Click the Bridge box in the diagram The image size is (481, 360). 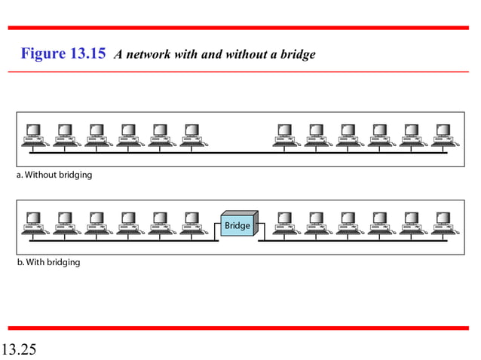(x=237, y=225)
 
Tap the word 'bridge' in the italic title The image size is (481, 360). (x=297, y=55)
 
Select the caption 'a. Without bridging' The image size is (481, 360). (x=54, y=175)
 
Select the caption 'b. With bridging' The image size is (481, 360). (x=48, y=262)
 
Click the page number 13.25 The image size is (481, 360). (x=20, y=349)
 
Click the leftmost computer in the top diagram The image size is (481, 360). (x=33, y=136)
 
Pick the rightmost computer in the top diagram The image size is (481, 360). (x=440, y=136)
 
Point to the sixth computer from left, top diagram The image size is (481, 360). (x=191, y=136)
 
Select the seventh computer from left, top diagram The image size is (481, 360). (x=284, y=136)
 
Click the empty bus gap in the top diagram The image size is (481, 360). (x=237, y=152)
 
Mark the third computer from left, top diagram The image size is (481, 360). (x=97, y=136)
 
